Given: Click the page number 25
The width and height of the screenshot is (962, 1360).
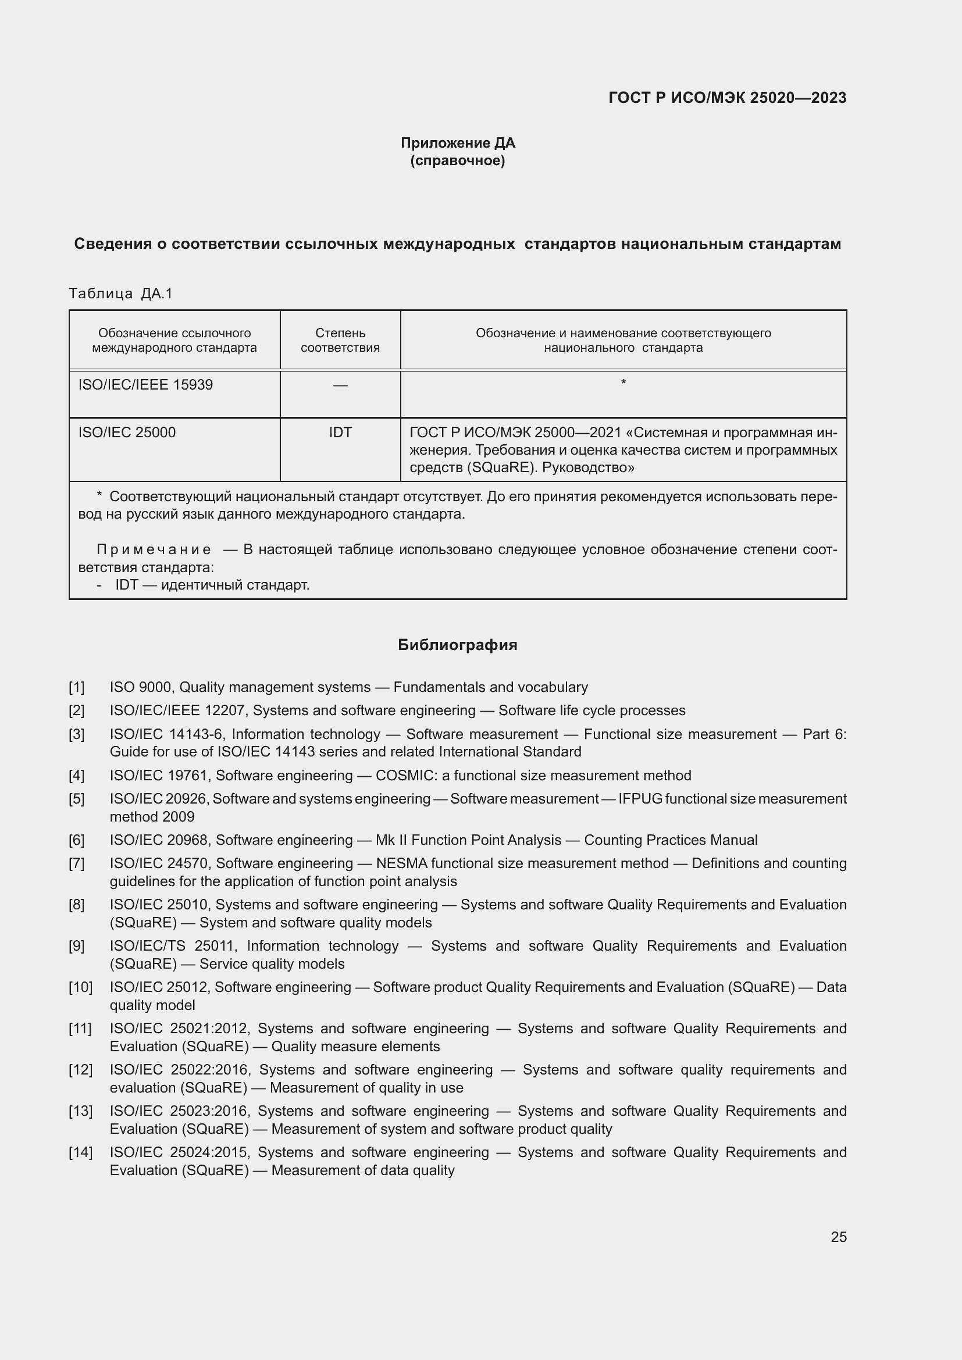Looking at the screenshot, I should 838,1237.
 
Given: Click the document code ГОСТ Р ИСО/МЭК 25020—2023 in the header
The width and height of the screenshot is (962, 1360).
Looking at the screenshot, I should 727,98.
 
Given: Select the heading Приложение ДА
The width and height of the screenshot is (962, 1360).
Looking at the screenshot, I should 457,143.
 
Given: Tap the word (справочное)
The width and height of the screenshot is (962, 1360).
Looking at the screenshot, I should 457,160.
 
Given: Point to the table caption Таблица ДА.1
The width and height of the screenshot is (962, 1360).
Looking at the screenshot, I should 120,293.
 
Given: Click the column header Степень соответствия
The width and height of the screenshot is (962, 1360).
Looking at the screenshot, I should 340,340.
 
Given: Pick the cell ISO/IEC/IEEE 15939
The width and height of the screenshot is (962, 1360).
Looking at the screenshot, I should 146,385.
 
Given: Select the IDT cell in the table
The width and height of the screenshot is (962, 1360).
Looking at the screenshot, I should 340,433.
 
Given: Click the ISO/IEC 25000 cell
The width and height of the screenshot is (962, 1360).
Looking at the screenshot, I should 127,433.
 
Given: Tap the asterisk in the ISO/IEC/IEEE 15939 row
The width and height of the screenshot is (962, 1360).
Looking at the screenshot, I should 623,383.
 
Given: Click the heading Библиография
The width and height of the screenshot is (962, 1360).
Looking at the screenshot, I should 457,644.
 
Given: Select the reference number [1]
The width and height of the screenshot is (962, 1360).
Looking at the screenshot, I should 76,687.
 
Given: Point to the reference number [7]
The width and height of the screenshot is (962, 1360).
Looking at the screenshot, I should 76,863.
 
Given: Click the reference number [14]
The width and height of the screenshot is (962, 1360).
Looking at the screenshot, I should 80,1152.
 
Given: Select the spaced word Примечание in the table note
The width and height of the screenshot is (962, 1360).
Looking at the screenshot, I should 154,549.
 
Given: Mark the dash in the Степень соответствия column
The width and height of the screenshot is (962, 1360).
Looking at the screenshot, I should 340,385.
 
